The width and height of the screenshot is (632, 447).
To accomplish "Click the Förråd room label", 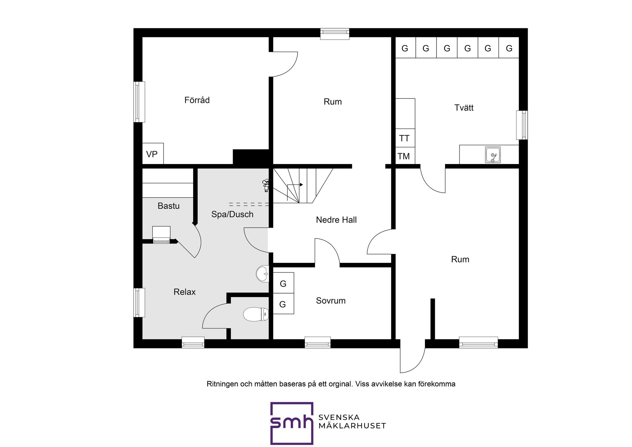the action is pos(197,100).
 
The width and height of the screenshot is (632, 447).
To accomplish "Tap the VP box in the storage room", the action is pos(153,154).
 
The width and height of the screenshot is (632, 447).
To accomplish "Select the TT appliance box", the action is pos(405,138).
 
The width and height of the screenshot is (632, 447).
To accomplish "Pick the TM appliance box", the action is pos(405,156).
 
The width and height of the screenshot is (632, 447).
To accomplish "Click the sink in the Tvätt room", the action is pos(493,155).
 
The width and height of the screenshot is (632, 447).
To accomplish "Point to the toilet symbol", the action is pos(256,314).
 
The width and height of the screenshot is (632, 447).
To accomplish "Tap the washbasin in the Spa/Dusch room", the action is pos(262,274).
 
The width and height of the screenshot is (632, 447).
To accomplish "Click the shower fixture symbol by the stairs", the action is pos(266,185).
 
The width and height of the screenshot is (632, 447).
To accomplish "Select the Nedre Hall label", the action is pos(336,220).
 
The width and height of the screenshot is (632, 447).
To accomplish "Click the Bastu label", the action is pos(169,206).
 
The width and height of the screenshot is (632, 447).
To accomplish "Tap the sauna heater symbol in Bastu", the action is pos(161,235).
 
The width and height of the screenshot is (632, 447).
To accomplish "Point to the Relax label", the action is pos(184,292).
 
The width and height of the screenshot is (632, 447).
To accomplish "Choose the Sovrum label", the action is pos(330,300).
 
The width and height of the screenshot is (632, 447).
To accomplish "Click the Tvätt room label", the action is pos(464,108).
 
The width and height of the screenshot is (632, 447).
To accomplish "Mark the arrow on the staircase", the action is pos(295,185).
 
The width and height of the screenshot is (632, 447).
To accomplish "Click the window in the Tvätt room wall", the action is pos(522,125).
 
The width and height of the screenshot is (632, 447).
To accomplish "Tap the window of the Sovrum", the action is pos(318,342).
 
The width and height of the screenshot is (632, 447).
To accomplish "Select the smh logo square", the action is pos(292,423).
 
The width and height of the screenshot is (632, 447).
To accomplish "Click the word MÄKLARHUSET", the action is pos(352,426).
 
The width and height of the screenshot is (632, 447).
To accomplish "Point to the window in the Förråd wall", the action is pos(139,102).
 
